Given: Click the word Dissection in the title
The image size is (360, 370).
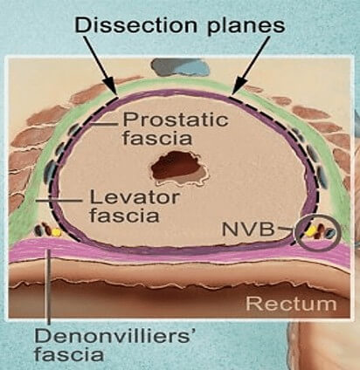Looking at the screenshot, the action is click(135, 24).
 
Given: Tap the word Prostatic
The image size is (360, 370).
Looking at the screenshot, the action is click(176, 120).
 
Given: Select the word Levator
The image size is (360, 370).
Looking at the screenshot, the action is click(135, 198).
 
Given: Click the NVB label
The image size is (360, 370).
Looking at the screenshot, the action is click(248, 229).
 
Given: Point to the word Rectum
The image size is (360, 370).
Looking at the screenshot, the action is click(291, 304).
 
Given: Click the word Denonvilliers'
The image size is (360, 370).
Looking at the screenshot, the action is click(114, 337).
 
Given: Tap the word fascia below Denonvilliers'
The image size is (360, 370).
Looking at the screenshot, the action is click(69, 354).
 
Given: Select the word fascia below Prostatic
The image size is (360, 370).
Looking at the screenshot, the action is click(157, 138).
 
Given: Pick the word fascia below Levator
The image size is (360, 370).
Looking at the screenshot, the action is click(124, 216).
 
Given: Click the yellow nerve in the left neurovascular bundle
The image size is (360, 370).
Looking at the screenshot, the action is click(56, 232).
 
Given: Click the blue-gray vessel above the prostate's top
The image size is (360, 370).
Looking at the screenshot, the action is click(181, 67).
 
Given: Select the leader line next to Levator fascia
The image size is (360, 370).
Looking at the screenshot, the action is click(59, 201).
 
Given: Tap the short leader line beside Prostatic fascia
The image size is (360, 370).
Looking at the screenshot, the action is click(102, 124).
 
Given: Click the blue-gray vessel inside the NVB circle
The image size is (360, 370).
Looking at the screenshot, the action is click(330, 232).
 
